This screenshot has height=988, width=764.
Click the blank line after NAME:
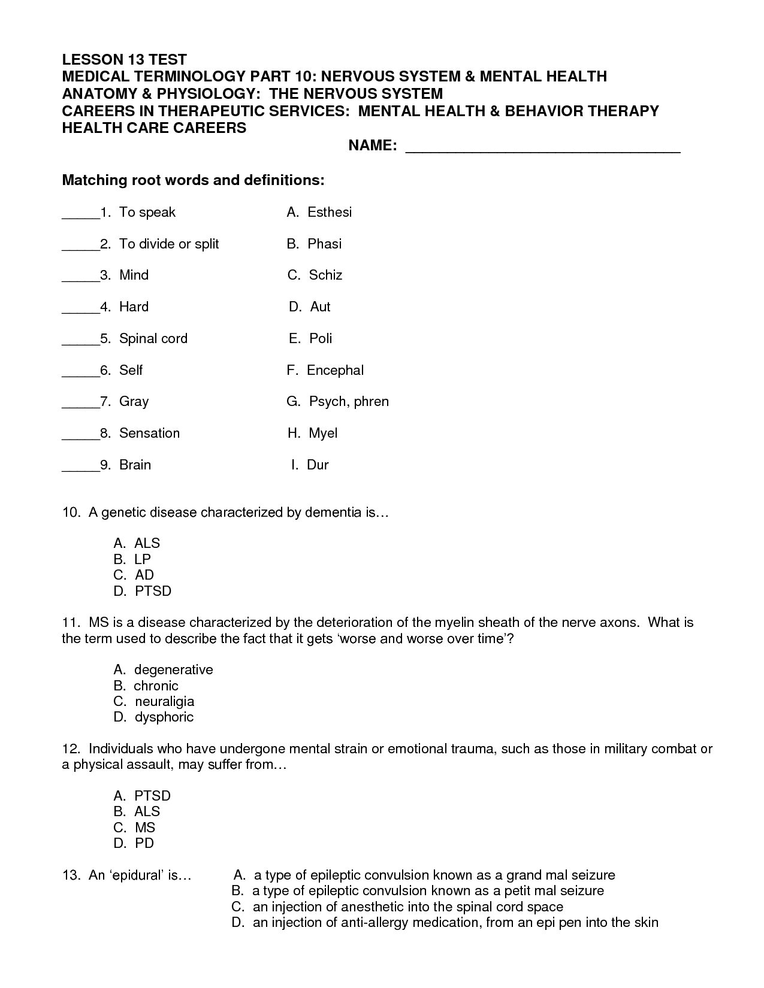click(x=542, y=150)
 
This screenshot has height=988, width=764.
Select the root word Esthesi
click(x=329, y=212)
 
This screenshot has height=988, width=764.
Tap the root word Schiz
click(x=325, y=275)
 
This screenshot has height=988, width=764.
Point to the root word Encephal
click(x=335, y=370)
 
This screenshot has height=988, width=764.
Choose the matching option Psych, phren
click(x=349, y=401)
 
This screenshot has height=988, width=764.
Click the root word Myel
click(x=323, y=433)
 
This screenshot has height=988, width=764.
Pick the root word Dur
click(x=318, y=465)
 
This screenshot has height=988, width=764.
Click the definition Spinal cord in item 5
click(x=153, y=338)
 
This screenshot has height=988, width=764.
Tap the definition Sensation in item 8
click(x=149, y=433)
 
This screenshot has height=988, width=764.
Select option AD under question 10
click(x=144, y=575)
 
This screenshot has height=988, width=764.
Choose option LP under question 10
click(x=143, y=559)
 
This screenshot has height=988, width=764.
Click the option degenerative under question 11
click(x=173, y=669)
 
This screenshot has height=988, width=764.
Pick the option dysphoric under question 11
click(x=164, y=717)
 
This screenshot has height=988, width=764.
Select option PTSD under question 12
click(x=152, y=796)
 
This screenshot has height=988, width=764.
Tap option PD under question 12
click(x=144, y=843)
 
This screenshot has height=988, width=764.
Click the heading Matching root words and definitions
click(x=194, y=180)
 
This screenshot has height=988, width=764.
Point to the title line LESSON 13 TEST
click(x=125, y=59)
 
